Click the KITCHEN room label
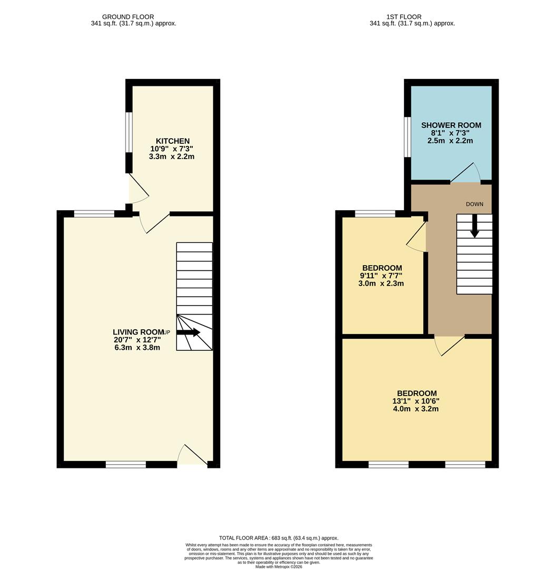tap(173, 141)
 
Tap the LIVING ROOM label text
tap(138, 332)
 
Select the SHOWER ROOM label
tap(451, 125)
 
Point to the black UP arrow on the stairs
tap(189, 332)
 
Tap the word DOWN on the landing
tap(474, 204)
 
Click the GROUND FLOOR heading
tap(128, 17)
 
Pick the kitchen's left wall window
tap(129, 132)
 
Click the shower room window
tap(408, 137)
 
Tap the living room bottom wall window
tap(126, 464)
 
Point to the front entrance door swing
tap(192, 454)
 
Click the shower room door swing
tap(465, 172)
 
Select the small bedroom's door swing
tap(417, 236)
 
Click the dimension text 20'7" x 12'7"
tap(137, 340)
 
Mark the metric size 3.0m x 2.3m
tap(381, 283)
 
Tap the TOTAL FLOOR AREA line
tap(279, 538)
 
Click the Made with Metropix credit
tap(279, 566)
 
